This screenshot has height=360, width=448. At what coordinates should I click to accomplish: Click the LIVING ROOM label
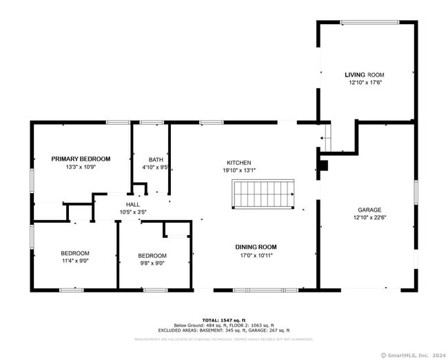365,74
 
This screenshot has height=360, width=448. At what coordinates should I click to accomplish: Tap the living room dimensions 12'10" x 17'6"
365,82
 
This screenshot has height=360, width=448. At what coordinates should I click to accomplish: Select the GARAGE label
369,210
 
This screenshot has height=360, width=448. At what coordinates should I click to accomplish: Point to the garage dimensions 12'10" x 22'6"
369,217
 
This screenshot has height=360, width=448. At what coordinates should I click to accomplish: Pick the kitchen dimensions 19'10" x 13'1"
238,170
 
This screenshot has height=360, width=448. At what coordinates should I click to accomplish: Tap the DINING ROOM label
256,247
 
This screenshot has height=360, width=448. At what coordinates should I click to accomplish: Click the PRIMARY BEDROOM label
81,159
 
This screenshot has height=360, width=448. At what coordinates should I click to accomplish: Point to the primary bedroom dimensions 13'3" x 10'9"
81,167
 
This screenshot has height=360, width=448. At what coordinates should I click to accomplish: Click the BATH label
156,159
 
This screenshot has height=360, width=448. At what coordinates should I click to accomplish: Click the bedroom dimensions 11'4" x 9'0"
74,261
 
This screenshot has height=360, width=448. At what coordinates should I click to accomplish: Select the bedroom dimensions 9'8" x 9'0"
152,263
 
